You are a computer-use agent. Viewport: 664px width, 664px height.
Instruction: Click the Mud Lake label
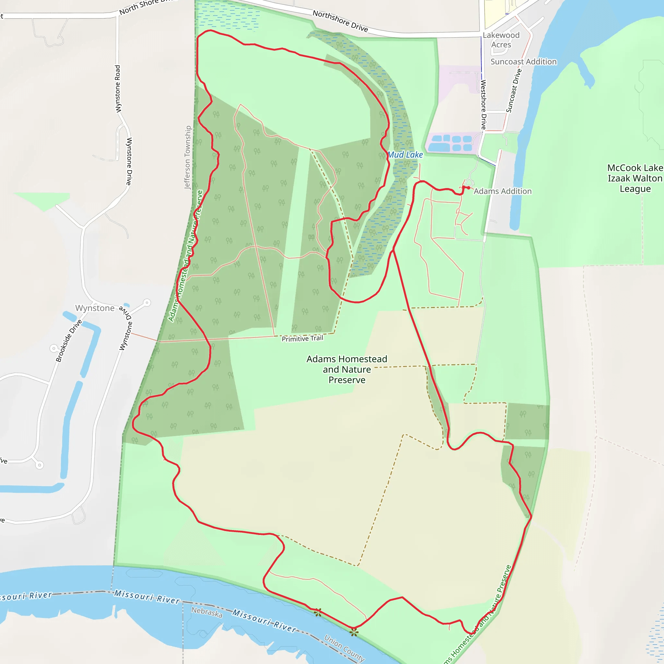[405, 155]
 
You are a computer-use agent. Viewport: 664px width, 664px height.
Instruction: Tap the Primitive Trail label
[302, 338]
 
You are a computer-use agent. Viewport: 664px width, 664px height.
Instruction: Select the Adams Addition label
[503, 191]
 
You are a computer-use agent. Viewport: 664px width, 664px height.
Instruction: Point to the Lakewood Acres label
[501, 40]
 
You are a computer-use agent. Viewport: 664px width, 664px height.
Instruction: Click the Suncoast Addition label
[523, 62]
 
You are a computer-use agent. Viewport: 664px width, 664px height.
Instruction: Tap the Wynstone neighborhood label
[95, 308]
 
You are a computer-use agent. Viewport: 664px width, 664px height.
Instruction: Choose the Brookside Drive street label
[69, 341]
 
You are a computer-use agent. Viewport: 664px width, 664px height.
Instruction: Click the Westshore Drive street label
[483, 104]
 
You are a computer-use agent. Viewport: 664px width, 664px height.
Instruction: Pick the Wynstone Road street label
[118, 89]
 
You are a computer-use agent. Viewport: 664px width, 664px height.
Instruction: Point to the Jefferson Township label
[188, 157]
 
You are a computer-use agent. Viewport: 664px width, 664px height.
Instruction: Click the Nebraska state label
[207, 612]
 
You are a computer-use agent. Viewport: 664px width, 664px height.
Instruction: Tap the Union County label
[344, 648]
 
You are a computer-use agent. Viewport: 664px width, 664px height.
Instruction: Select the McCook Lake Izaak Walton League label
[635, 178]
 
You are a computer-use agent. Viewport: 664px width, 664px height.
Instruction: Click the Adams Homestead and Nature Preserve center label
[347, 370]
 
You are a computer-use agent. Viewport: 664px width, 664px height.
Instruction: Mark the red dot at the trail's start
[468, 188]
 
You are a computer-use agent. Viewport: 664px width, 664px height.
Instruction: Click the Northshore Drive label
[340, 21]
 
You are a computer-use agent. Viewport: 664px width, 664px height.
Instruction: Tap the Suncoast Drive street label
[514, 91]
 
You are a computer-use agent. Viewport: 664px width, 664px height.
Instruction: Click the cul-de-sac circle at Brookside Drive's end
[54, 349]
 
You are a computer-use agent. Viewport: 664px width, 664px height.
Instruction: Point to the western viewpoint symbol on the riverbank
[317, 612]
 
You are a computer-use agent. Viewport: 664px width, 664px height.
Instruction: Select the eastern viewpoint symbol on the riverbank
[354, 632]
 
